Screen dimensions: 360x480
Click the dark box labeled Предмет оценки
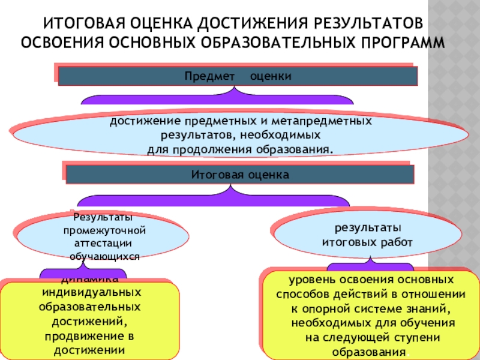point(238,76)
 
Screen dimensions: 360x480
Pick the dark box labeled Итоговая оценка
point(239,175)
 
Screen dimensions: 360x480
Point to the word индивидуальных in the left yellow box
point(90,292)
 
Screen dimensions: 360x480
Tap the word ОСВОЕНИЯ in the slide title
point(62,43)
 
